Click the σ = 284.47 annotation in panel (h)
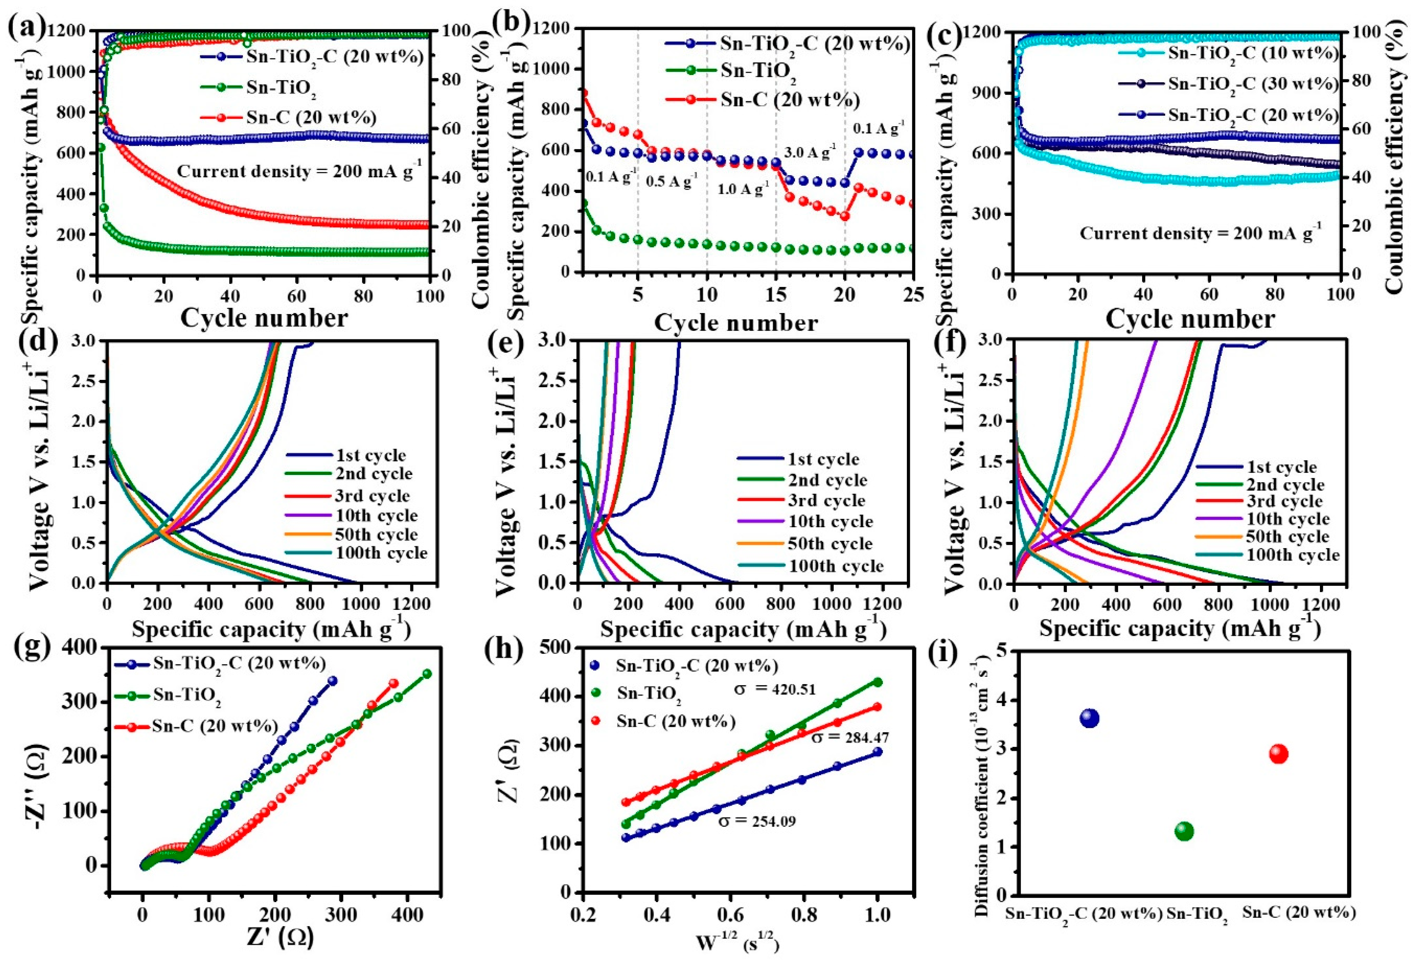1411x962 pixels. click(x=851, y=737)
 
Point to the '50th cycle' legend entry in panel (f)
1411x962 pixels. click(x=1287, y=536)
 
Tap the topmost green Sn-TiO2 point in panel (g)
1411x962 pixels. click(x=427, y=674)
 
